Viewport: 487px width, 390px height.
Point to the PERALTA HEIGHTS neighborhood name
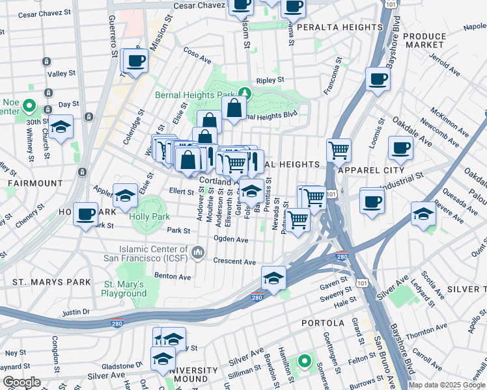click(339, 27)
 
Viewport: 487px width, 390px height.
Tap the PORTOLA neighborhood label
click(323, 323)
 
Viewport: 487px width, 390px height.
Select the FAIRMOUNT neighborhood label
click(35, 184)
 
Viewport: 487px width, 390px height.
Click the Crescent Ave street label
click(234, 261)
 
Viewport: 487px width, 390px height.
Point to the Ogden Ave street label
click(231, 239)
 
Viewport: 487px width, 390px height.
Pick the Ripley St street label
click(270, 80)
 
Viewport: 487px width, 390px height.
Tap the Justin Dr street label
click(76, 313)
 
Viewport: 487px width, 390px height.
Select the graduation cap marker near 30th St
click(61, 127)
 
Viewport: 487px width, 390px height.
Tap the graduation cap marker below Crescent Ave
click(274, 278)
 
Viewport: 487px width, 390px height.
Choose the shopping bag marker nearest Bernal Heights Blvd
click(234, 109)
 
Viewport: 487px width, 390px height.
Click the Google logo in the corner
click(21, 382)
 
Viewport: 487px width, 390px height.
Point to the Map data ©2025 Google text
click(447, 385)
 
